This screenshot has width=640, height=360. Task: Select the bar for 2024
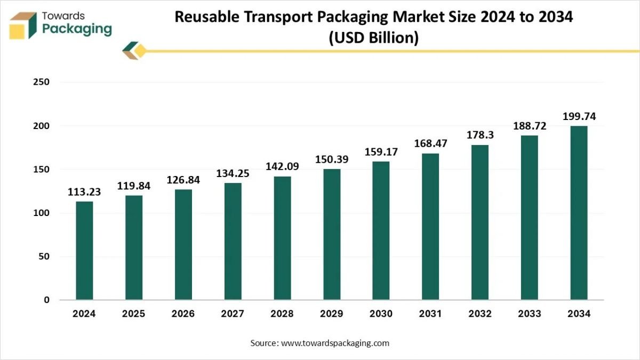[84, 250]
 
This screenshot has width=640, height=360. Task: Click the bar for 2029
[332, 234]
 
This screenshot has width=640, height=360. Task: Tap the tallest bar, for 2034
[579, 213]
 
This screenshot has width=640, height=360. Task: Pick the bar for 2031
[430, 227]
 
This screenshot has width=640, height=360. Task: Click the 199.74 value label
[579, 116]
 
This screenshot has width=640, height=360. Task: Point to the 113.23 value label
[84, 192]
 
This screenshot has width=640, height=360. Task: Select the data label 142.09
[282, 166]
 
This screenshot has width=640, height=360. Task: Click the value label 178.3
[480, 135]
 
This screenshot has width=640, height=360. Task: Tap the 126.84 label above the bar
[183, 180]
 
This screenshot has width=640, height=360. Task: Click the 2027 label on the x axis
[233, 314]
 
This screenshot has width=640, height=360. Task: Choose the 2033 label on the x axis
[529, 314]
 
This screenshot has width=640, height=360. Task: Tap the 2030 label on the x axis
[381, 314]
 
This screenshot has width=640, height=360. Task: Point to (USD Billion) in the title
[373, 38]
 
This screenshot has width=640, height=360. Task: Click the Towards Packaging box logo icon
[23, 25]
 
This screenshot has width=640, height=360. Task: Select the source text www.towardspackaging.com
[335, 343]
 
